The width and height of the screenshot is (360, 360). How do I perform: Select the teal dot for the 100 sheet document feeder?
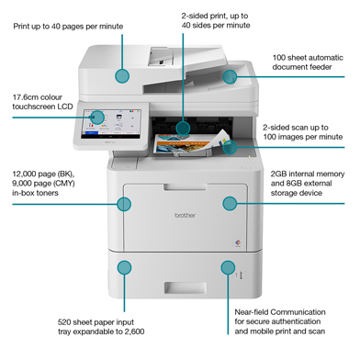(x=228, y=76)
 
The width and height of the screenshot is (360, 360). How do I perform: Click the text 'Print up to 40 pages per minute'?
(x=68, y=27)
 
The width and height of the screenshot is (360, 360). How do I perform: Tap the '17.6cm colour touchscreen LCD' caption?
(x=43, y=102)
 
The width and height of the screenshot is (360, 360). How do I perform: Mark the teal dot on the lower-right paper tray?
(x=227, y=266)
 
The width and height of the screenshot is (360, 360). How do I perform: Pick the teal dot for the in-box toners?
(x=124, y=204)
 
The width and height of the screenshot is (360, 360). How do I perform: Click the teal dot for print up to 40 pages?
(x=122, y=76)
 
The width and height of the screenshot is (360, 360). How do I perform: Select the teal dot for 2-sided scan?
(x=230, y=144)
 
